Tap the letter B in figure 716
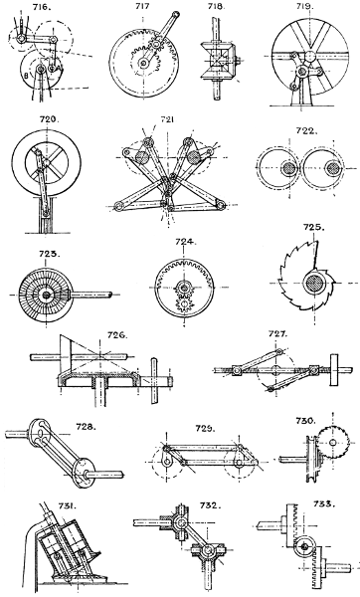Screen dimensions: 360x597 click(26, 76)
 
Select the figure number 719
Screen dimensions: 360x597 click(304, 7)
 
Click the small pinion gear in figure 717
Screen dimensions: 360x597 click(156, 45)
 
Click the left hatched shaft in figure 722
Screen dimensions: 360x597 click(288, 168)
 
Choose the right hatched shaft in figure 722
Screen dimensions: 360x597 click(333, 168)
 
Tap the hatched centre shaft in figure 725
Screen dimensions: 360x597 click(315, 284)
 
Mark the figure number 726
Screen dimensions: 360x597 click(117, 335)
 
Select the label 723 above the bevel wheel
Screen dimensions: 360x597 click(49, 254)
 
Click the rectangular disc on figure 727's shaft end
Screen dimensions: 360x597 click(334, 370)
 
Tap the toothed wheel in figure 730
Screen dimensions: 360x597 click(333, 442)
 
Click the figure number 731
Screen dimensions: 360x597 click(68, 506)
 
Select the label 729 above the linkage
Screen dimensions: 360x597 click(206, 429)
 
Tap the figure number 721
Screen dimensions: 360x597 click(167, 120)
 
